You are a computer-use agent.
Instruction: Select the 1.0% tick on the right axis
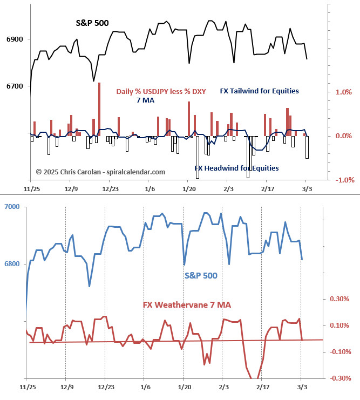click(343, 92)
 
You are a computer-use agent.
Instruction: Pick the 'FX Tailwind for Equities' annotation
click(259, 91)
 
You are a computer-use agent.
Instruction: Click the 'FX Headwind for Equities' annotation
click(236, 168)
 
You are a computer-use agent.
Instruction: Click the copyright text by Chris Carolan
click(100, 172)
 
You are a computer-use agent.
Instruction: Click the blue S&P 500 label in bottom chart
click(201, 275)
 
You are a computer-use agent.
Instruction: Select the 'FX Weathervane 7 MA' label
click(187, 305)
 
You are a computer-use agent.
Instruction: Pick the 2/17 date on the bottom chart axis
click(262, 387)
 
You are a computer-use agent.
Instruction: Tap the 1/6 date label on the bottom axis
click(145, 387)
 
